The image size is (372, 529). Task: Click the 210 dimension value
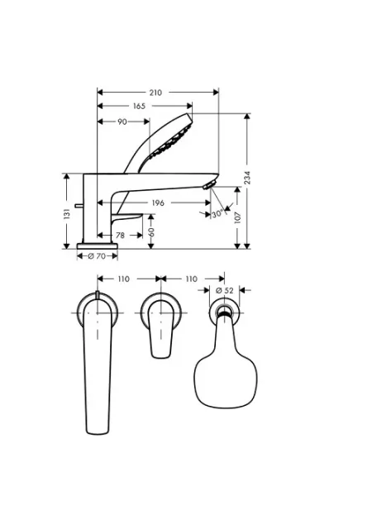pos(155,93)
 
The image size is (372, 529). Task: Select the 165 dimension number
pos(139,107)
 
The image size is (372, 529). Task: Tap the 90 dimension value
pos(122,122)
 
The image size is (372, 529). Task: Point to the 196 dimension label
pos(158,203)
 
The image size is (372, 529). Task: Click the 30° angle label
pos(217,213)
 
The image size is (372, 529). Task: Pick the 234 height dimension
pos(247,178)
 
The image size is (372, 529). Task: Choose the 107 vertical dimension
pos(237,217)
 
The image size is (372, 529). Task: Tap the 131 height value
pos(67,214)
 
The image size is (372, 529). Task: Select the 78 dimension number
pos(120,235)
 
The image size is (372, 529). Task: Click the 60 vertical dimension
pos(151,231)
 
